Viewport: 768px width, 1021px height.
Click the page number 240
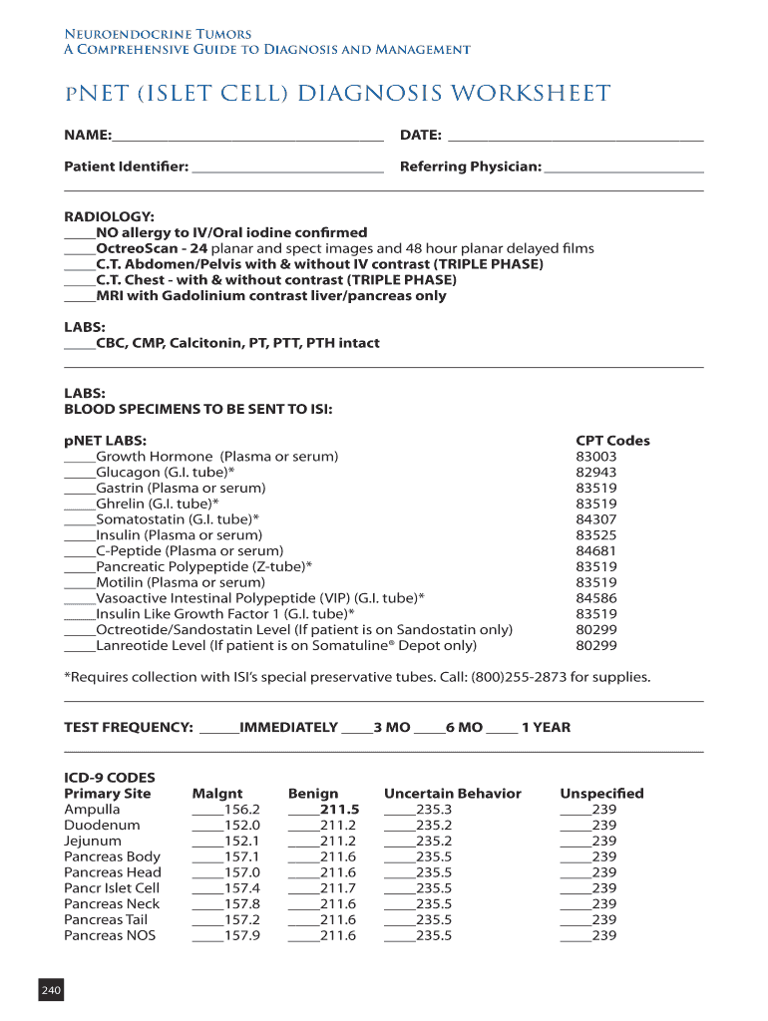coord(50,990)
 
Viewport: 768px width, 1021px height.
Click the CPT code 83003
coord(596,457)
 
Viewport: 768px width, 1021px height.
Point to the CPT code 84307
coord(596,519)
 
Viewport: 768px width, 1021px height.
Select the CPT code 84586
coord(596,598)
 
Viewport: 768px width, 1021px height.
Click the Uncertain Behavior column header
coord(453,794)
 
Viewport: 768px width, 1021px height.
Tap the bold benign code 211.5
coord(339,810)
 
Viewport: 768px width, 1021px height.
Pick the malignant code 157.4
coord(241,888)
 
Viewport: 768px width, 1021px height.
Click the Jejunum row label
coord(93,841)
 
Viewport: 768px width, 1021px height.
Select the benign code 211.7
coord(338,888)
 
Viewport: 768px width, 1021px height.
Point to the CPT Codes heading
coord(612,441)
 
